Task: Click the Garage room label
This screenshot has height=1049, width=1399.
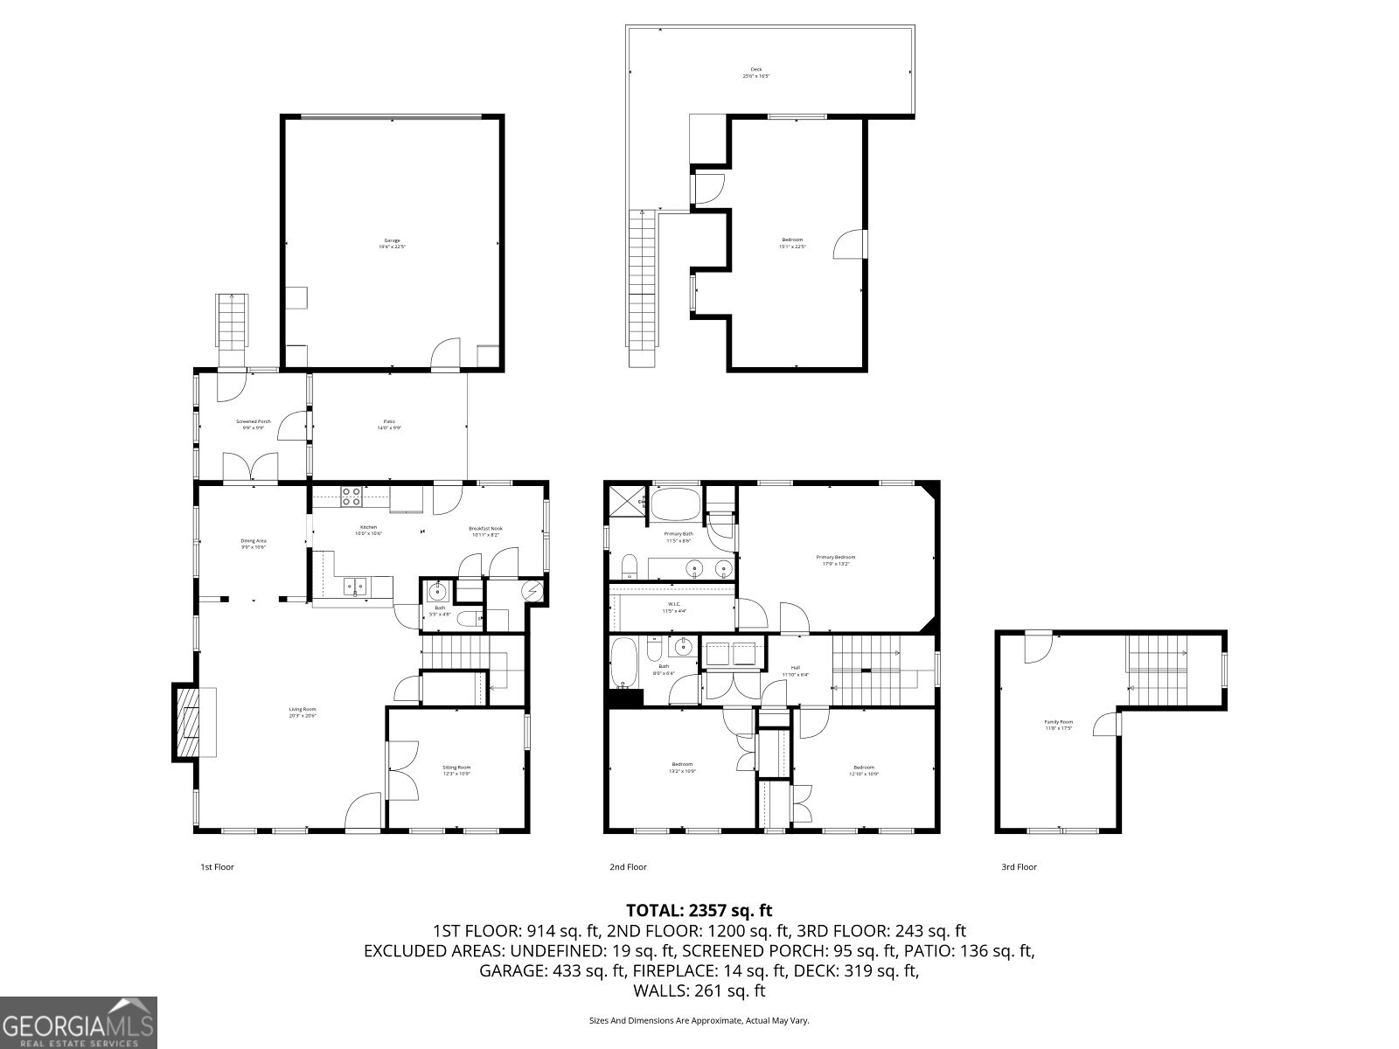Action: point(392,243)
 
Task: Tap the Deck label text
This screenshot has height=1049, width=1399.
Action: point(756,73)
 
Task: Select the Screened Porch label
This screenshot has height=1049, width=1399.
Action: point(254,424)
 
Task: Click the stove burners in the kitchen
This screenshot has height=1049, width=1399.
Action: point(351,497)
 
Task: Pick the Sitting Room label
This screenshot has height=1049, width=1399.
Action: point(456,770)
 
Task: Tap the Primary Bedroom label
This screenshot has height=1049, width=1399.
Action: point(836,559)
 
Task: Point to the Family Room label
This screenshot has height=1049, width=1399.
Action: point(1058,725)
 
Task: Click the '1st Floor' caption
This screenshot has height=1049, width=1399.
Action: point(218,867)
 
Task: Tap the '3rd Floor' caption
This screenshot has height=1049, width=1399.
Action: point(1019,867)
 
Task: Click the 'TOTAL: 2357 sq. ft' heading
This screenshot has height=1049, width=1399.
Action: point(699,911)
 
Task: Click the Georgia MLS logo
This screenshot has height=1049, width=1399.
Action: point(78,1022)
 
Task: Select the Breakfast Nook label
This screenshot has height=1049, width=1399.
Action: point(485,531)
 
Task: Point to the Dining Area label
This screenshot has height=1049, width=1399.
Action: point(254,543)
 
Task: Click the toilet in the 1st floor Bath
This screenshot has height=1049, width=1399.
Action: point(469,620)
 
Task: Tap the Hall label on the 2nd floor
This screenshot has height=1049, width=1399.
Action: point(796,670)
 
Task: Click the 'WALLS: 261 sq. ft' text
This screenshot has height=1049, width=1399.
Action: point(699,991)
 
